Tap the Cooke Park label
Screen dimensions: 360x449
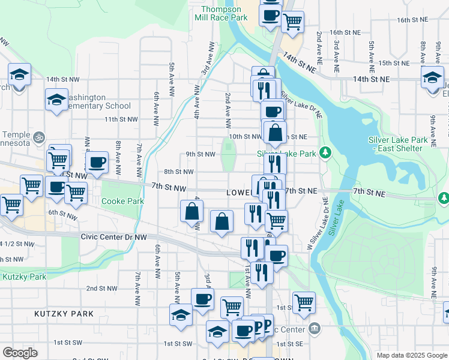point(122,202)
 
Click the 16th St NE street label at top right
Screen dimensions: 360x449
point(412,20)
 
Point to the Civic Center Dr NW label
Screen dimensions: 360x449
point(113,237)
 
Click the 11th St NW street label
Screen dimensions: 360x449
point(118,119)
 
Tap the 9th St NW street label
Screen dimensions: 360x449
point(200,154)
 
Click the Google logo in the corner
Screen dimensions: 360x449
point(20,353)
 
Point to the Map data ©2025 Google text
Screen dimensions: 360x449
point(411,355)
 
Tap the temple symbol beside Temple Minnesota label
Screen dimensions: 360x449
point(39,136)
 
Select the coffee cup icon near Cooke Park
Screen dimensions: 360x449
point(97,162)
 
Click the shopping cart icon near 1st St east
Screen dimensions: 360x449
point(304,302)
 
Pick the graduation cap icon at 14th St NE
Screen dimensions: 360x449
point(432,77)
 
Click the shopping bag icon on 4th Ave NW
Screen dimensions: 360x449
point(191,211)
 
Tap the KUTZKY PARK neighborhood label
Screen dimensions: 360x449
point(64,314)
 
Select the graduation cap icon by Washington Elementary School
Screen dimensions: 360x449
point(56,99)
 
